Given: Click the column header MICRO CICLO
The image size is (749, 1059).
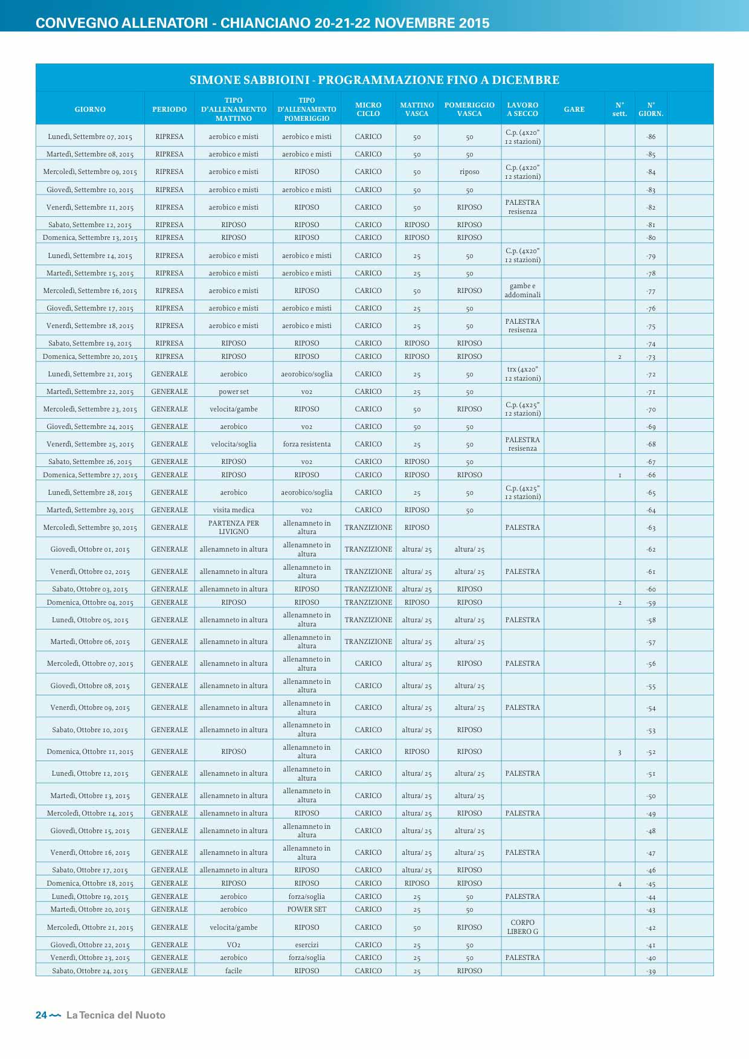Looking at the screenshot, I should pyautogui.click(x=368, y=109).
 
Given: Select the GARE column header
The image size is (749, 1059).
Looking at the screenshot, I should pyautogui.click(x=574, y=109).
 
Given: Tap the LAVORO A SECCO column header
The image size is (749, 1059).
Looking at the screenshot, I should pyautogui.click(x=522, y=109).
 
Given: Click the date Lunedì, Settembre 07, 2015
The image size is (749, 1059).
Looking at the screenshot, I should pyautogui.click(x=90, y=137).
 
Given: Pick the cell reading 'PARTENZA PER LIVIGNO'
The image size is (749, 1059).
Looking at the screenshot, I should pyautogui.click(x=234, y=527).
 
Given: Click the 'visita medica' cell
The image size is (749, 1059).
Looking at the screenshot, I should pyautogui.click(x=234, y=510).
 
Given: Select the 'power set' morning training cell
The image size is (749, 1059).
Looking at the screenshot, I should pyautogui.click(x=234, y=391).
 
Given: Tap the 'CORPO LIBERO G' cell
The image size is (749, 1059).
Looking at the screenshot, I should pyautogui.click(x=522, y=927).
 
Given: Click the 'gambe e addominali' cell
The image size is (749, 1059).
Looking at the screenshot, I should pyautogui.click(x=522, y=291).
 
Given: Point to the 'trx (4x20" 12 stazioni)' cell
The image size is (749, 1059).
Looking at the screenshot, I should pyautogui.click(x=522, y=374).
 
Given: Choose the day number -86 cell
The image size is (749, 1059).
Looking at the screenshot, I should pyautogui.click(x=651, y=137).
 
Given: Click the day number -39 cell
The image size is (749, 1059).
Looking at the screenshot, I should pyautogui.click(x=651, y=971).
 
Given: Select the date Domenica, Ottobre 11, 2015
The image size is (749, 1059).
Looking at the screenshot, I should pyautogui.click(x=90, y=752).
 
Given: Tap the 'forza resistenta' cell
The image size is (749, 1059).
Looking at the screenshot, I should pyautogui.click(x=307, y=445).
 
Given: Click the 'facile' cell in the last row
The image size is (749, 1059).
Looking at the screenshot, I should pyautogui.click(x=234, y=971).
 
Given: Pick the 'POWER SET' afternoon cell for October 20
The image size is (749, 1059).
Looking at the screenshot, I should pyautogui.click(x=307, y=910).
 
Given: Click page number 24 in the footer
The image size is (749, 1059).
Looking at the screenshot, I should pyautogui.click(x=41, y=1016).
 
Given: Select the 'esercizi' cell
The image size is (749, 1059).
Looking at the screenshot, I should pyautogui.click(x=307, y=945).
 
